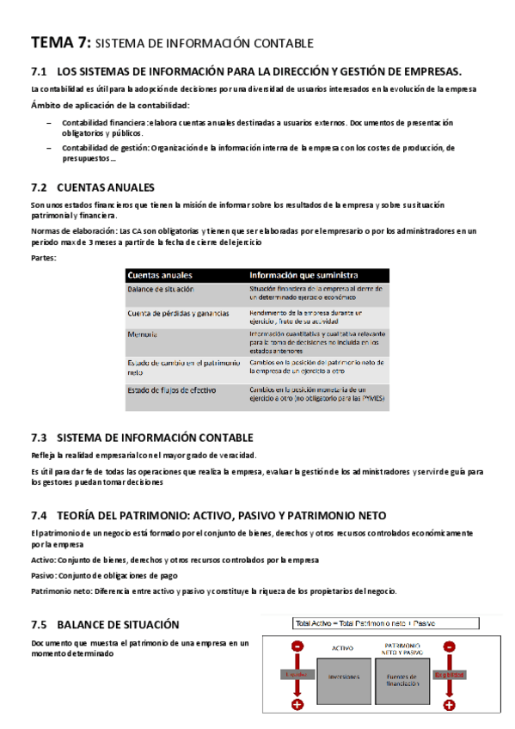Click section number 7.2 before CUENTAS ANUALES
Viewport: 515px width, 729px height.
(x=38, y=187)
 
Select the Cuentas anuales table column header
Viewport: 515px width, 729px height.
(x=159, y=275)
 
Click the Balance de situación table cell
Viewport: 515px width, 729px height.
(x=161, y=289)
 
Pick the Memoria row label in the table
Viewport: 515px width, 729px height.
(x=143, y=334)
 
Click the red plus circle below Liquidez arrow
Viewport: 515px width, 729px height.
(x=297, y=705)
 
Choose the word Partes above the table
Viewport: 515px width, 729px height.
(x=42, y=258)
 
